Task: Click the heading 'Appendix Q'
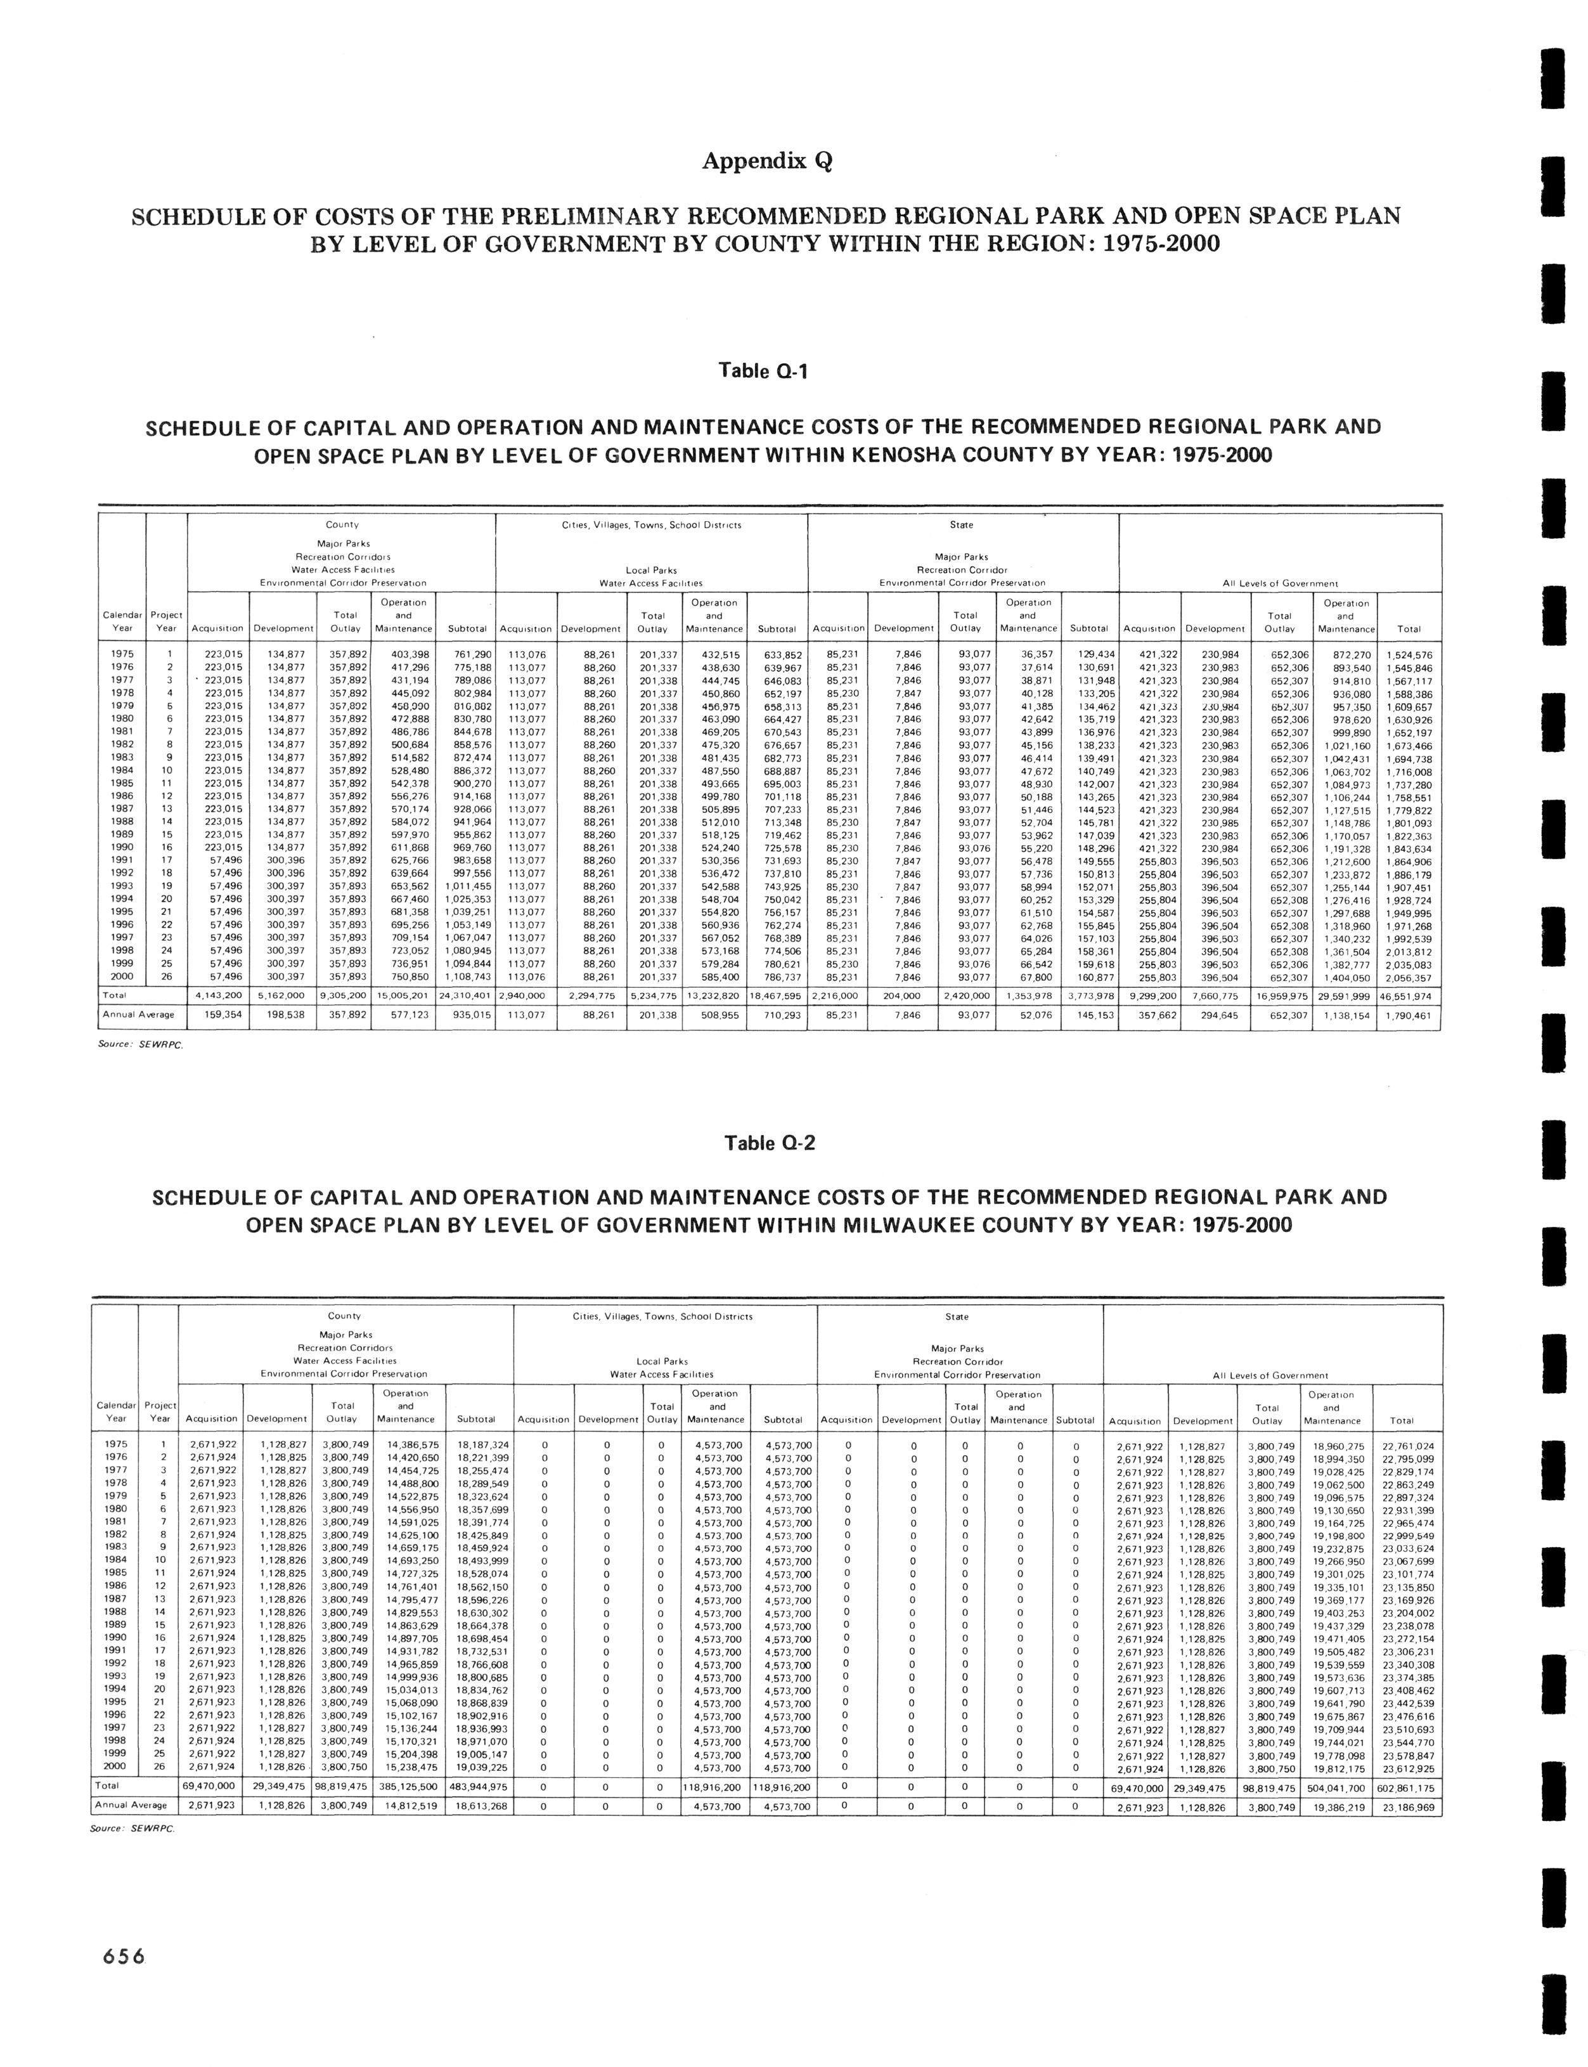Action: point(766,162)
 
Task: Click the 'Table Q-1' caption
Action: point(764,372)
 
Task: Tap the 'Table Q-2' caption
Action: point(768,1143)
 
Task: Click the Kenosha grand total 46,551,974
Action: point(1407,997)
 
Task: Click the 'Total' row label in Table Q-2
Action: point(106,1788)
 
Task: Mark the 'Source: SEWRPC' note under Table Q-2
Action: point(132,1829)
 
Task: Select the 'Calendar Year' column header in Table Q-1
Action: point(122,622)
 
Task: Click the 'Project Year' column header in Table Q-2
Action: point(158,1412)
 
